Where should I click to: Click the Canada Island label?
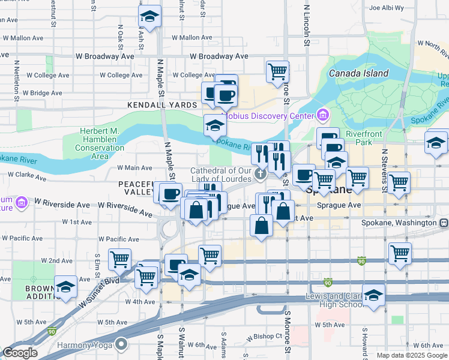tap(358, 73)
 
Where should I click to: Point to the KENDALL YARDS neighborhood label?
tap(162, 105)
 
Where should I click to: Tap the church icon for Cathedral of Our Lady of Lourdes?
tap(261, 174)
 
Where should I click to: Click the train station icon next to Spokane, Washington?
tap(444, 222)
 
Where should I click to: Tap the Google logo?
tap(20, 353)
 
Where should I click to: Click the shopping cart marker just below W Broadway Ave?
tap(277, 71)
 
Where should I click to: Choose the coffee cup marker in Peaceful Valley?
tap(170, 194)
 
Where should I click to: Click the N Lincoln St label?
tap(306, 25)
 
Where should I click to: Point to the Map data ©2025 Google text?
tap(411, 355)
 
